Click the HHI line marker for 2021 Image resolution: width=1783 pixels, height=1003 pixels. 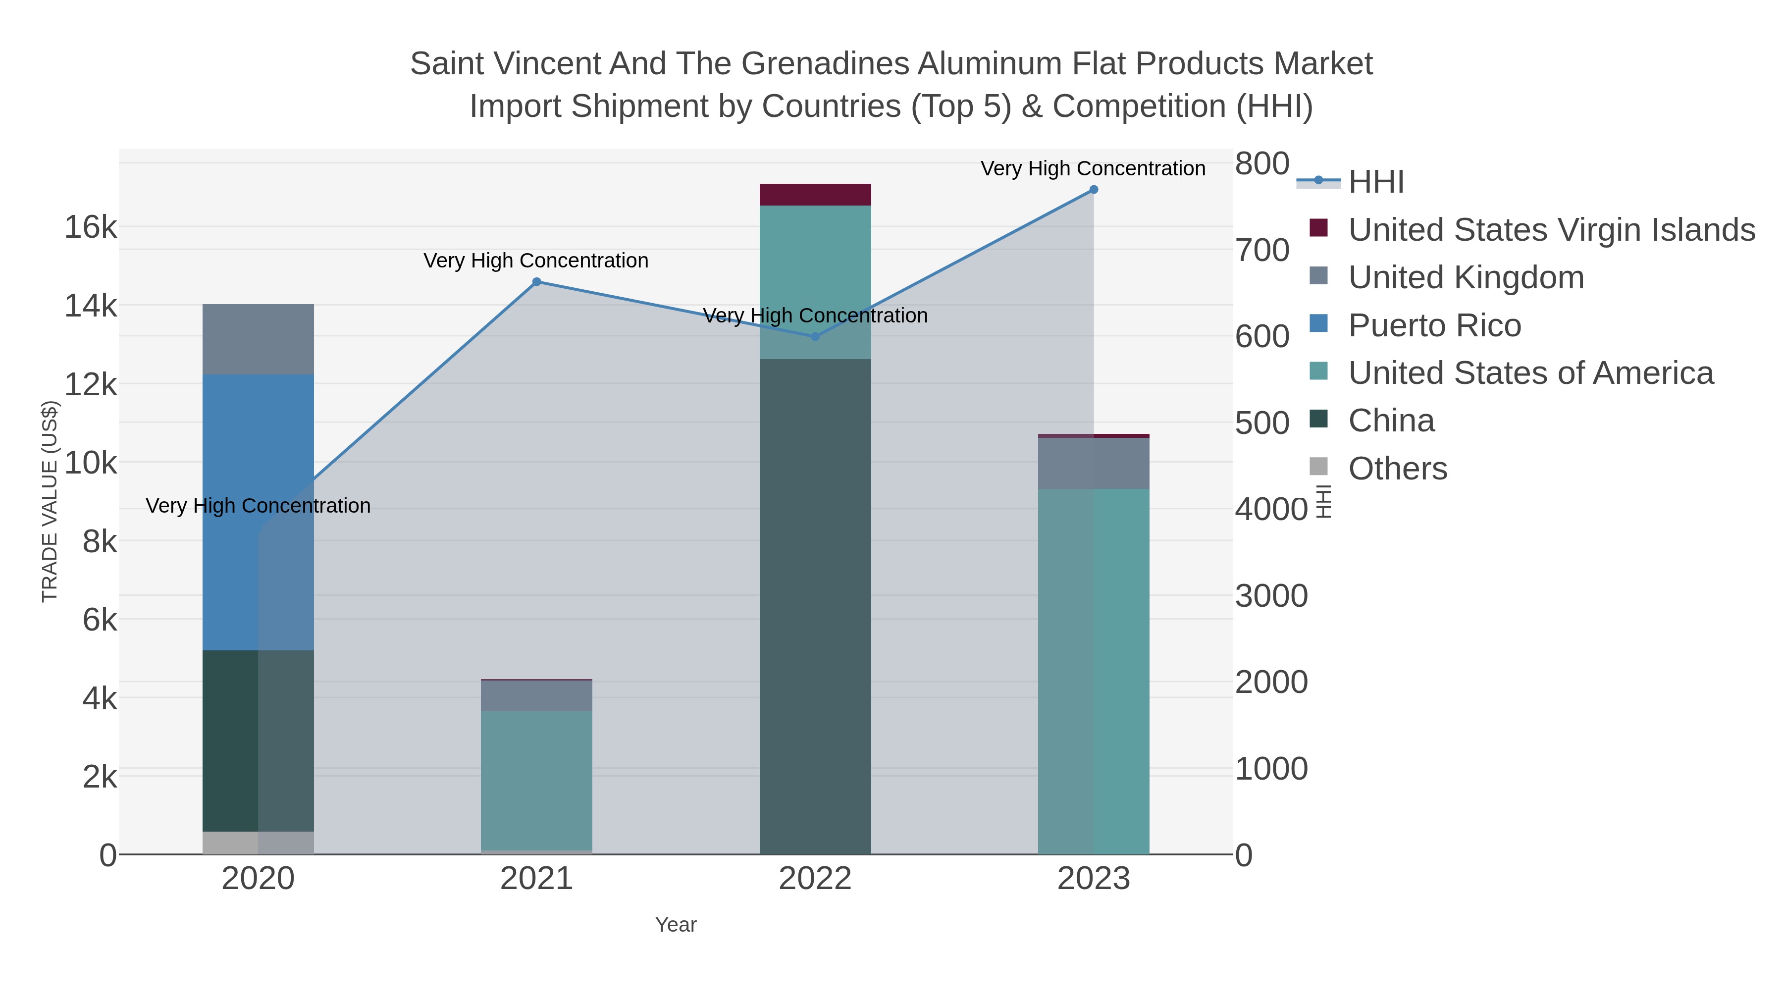(x=536, y=282)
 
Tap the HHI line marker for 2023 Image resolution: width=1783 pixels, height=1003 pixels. (x=1094, y=190)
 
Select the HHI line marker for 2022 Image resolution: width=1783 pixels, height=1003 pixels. (x=815, y=336)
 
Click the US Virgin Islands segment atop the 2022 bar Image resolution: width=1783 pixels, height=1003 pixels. (x=815, y=195)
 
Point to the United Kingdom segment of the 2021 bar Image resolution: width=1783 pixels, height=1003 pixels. (x=536, y=696)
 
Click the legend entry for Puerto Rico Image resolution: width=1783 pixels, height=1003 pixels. (x=1434, y=325)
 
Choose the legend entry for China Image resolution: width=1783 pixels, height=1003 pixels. (x=1391, y=421)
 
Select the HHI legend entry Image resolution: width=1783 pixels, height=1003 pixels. (x=1376, y=182)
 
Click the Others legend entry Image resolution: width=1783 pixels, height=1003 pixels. (x=1398, y=469)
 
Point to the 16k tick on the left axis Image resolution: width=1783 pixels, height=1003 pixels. (x=91, y=227)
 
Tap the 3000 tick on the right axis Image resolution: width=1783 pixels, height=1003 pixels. (x=1271, y=596)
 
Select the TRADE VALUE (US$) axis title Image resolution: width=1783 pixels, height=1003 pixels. (x=50, y=501)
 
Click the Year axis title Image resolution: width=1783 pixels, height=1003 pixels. (x=676, y=925)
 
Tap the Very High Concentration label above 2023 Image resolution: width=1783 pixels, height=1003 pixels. (x=1093, y=168)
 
